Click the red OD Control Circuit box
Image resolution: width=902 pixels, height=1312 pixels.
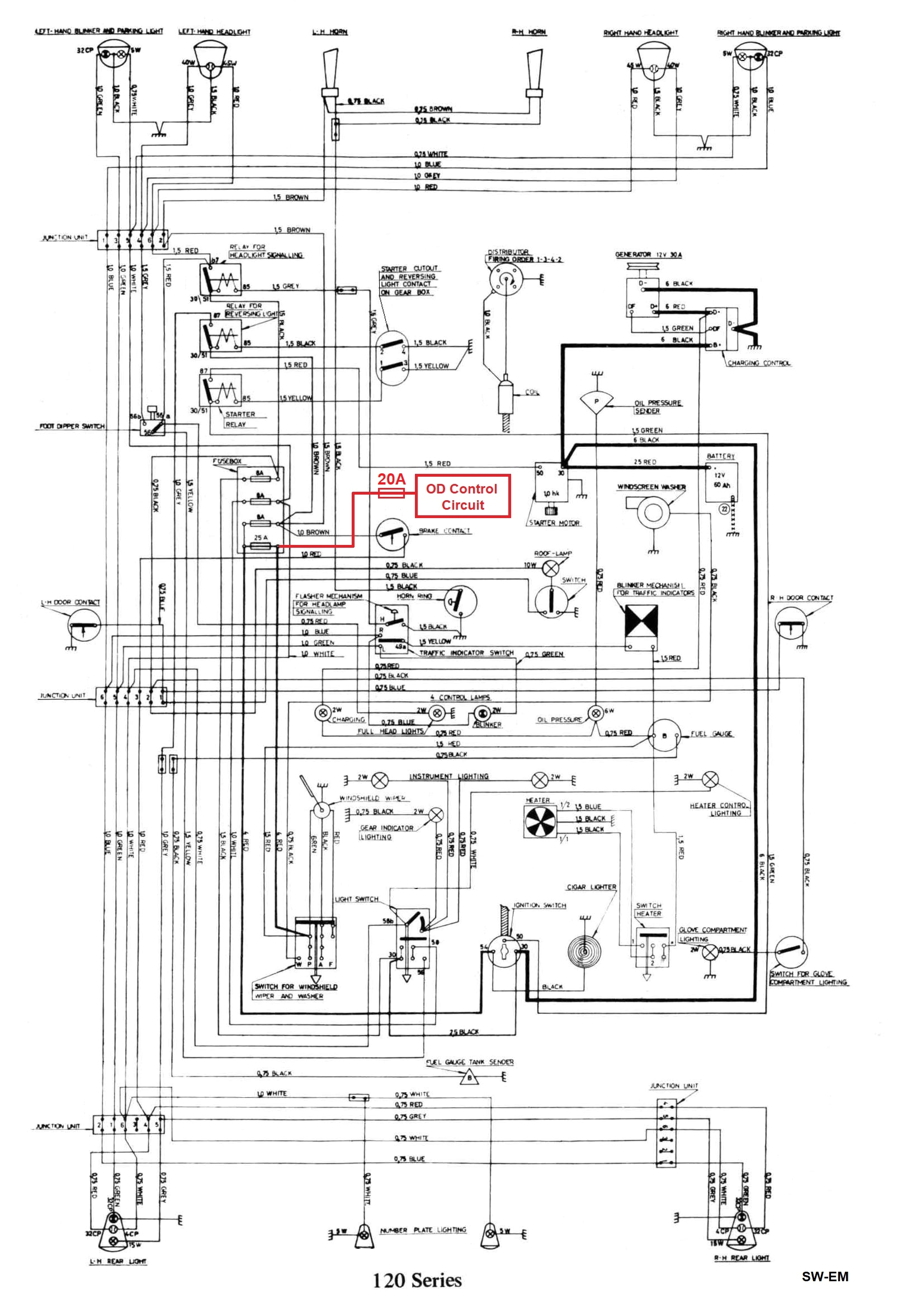tap(463, 496)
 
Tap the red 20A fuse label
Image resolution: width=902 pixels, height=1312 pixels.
tap(391, 479)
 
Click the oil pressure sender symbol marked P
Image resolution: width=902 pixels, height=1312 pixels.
tap(596, 401)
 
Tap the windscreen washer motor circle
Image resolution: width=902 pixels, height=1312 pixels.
tap(653, 512)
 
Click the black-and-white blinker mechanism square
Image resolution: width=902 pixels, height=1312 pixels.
tap(641, 619)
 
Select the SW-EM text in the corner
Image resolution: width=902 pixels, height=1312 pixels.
tap(825, 1276)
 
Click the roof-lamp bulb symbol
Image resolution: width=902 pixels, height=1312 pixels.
tap(550, 568)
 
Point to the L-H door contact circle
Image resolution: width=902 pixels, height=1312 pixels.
tap(84, 626)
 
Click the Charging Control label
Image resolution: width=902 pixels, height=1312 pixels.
tap(758, 363)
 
